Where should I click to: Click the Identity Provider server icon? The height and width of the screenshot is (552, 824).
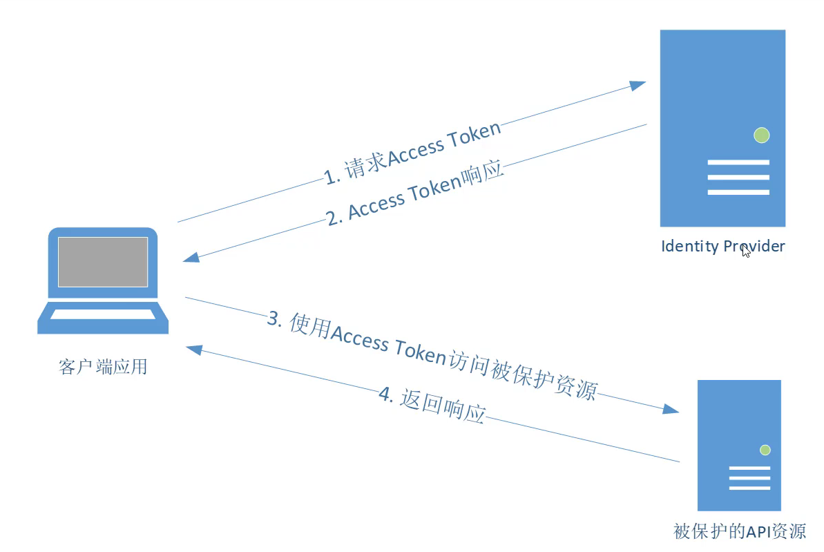tap(722, 90)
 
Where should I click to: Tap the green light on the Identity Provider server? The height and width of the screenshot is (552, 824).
tap(761, 135)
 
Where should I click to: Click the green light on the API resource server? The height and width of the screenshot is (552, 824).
tap(765, 450)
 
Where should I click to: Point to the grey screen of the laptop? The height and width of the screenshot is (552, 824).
tap(103, 262)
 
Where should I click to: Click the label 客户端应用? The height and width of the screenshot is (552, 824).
tap(103, 366)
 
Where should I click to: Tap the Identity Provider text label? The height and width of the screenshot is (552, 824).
tap(722, 247)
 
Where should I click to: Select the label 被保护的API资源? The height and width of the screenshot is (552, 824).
tap(739, 531)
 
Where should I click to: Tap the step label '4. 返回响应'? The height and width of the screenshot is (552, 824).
tap(432, 405)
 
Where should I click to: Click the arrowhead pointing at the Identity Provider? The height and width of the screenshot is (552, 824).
tap(638, 84)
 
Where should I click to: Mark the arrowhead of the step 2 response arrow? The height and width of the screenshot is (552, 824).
tap(191, 258)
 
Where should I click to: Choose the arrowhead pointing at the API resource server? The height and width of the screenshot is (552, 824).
tap(671, 409)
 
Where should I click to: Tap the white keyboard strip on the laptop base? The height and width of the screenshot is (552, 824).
tap(103, 314)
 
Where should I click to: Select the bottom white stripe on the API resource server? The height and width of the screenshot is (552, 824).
tap(749, 488)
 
